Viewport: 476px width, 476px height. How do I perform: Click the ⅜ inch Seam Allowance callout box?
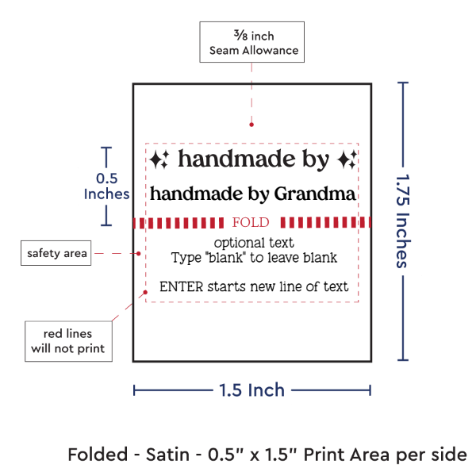click(x=252, y=42)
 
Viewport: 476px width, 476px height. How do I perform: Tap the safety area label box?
click(x=56, y=253)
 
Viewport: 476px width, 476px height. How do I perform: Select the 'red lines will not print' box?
click(x=68, y=341)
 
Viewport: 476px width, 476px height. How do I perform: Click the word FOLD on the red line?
click(x=251, y=222)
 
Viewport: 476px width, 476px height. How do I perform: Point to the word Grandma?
click(x=315, y=194)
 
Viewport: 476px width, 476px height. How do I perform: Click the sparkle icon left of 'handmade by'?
click(x=159, y=159)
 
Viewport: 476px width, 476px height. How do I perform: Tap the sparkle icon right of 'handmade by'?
click(x=347, y=159)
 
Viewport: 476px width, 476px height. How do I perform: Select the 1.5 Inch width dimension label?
click(x=252, y=390)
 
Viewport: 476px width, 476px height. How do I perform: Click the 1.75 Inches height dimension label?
click(x=404, y=221)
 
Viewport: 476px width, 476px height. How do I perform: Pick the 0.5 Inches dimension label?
click(x=106, y=186)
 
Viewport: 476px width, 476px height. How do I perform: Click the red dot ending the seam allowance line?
click(x=251, y=125)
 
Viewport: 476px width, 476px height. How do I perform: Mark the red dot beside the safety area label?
click(x=138, y=253)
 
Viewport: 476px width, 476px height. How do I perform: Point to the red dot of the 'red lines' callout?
click(x=145, y=292)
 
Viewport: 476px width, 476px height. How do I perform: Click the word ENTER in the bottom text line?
click(x=181, y=287)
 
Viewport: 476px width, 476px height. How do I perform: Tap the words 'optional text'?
click(x=254, y=243)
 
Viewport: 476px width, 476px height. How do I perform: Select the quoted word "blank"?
click(x=225, y=258)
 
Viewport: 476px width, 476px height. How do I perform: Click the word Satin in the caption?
click(x=168, y=455)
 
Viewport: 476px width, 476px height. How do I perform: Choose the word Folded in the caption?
click(x=98, y=455)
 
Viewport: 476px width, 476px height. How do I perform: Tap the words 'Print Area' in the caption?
click(x=347, y=455)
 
